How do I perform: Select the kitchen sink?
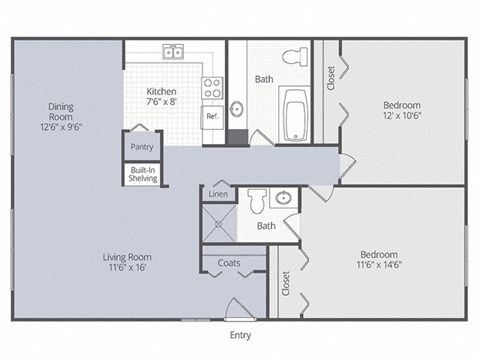[174, 51]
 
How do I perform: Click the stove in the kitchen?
[212, 88]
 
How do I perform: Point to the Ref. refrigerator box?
[212, 116]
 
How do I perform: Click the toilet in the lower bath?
[256, 203]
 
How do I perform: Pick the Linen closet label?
[218, 194]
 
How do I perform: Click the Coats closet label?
[227, 264]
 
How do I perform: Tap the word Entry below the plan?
[240, 335]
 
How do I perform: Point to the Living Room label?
[126, 262]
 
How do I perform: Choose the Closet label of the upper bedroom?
[331, 78]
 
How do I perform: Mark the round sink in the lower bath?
[284, 198]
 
